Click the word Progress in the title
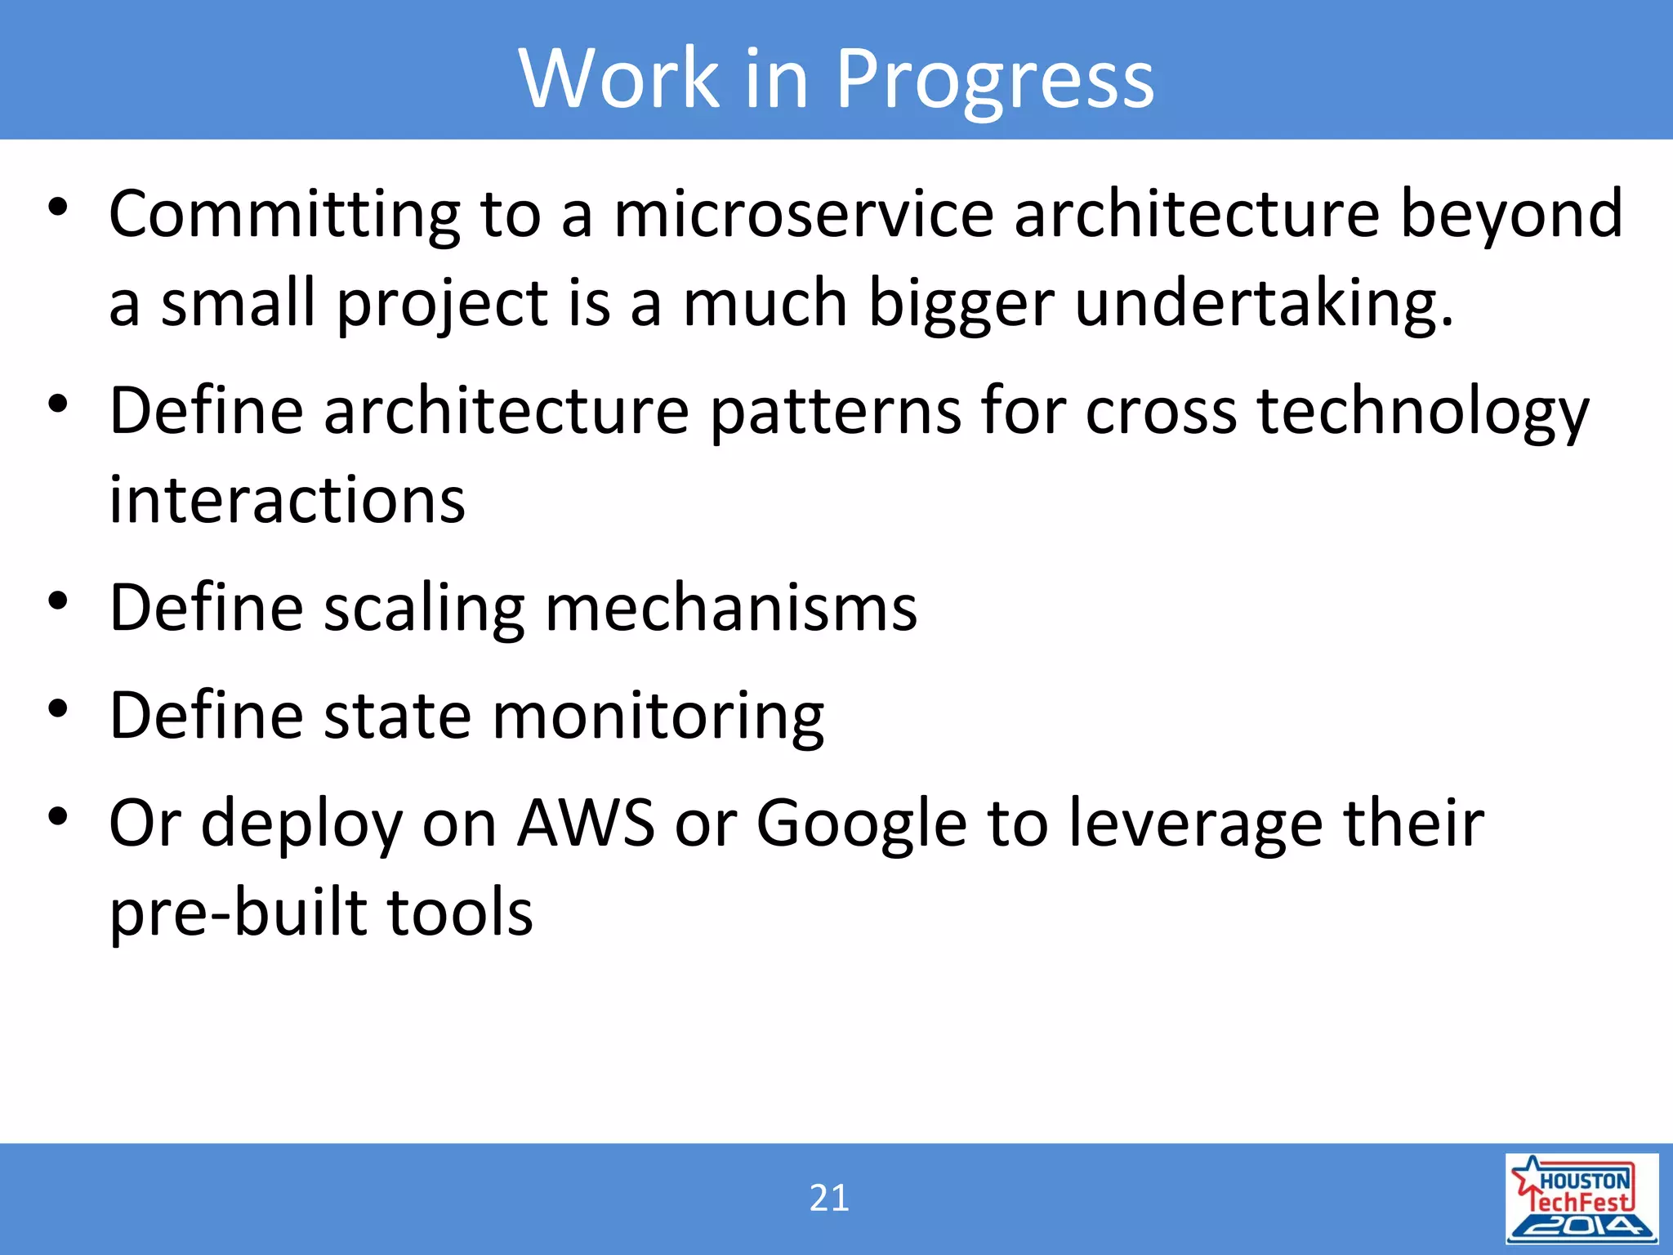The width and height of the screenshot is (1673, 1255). (x=994, y=79)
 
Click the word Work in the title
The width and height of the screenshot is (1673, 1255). (x=618, y=79)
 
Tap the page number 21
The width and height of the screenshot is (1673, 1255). (x=829, y=1198)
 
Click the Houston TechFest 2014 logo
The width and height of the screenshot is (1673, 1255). (x=1582, y=1199)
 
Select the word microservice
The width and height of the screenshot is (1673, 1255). (x=804, y=214)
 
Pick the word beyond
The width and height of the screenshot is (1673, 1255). (x=1511, y=214)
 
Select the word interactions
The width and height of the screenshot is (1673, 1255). (x=287, y=500)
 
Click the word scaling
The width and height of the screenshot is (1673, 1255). (x=424, y=609)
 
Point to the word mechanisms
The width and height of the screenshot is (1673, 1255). (x=730, y=609)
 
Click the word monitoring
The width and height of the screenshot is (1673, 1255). (x=658, y=717)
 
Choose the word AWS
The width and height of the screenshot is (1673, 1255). (x=586, y=824)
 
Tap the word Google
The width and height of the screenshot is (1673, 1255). (x=861, y=824)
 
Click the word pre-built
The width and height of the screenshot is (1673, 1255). (x=238, y=913)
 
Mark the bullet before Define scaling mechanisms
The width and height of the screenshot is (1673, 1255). (x=57, y=601)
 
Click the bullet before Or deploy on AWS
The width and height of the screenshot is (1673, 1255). (x=57, y=816)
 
